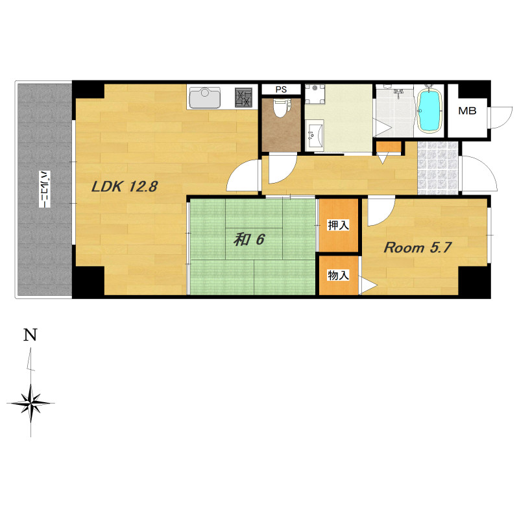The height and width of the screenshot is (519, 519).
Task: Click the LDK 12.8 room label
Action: tap(125, 187)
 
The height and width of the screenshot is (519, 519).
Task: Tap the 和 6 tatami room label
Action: tap(249, 239)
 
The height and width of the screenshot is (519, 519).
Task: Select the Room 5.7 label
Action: tap(417, 248)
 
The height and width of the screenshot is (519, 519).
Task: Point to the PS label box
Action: tap(281, 90)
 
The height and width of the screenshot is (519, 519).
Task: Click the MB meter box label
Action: tap(467, 111)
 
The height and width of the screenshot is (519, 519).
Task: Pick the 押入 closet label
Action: tap(338, 225)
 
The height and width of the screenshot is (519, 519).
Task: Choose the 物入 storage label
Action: tap(338, 275)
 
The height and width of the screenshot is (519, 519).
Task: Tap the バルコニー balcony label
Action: tap(44, 189)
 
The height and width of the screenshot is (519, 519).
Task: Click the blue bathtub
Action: tap(429, 110)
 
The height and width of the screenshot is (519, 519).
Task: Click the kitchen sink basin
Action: tap(205, 97)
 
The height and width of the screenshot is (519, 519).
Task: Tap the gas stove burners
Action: tap(243, 97)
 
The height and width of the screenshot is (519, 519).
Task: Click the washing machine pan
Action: tap(315, 94)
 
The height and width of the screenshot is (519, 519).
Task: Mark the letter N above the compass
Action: tap(30, 335)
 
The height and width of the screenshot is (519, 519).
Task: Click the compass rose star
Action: tap(30, 403)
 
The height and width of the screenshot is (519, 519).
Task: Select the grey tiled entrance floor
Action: tap(437, 168)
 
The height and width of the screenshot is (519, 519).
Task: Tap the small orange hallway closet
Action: tap(389, 147)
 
